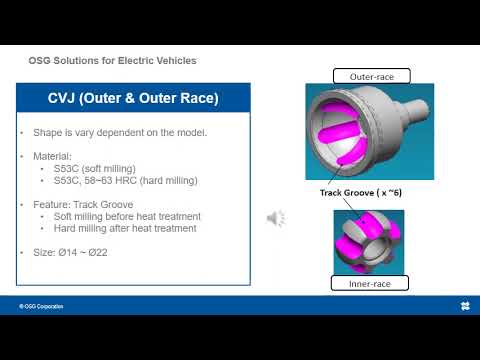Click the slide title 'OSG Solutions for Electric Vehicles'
112,61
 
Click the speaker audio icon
277,218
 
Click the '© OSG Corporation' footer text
41,305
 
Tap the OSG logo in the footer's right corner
465,305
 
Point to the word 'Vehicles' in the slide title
175,61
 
